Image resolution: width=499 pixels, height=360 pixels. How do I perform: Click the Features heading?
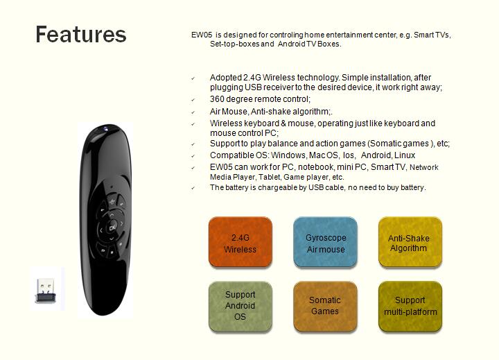[x=81, y=34]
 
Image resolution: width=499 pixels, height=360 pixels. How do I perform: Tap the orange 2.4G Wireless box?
[x=240, y=242]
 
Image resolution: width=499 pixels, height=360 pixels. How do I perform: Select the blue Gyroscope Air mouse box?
[x=325, y=242]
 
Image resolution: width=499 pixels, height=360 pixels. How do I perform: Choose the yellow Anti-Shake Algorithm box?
[x=410, y=242]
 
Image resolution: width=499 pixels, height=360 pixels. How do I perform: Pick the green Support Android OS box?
[x=240, y=307]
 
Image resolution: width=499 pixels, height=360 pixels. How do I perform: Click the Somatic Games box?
[x=325, y=307]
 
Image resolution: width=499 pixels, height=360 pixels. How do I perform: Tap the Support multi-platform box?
[x=410, y=307]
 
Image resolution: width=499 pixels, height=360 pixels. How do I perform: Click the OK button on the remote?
[x=112, y=228]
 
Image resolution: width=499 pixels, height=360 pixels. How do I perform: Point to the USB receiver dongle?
[x=46, y=291]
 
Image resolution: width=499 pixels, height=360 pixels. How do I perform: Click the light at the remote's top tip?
[x=105, y=129]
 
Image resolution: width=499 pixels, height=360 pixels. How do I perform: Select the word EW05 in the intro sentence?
[x=202, y=35]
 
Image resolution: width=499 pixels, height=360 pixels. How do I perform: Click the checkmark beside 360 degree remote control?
[x=193, y=100]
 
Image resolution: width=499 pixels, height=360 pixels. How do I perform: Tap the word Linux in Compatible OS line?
[x=405, y=155]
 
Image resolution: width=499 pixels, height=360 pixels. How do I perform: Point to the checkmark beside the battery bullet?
[x=193, y=188]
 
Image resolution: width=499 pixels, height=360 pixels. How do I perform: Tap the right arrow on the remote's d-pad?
[x=121, y=223]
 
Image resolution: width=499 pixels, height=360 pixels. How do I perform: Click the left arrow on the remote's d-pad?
[x=101, y=231]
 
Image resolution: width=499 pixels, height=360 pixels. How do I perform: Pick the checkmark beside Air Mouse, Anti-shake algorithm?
[x=193, y=112]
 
